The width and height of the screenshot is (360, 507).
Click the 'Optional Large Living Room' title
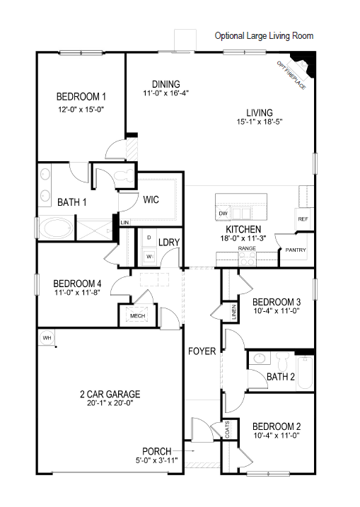pyautogui.click(x=263, y=35)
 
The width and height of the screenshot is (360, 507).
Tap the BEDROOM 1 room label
pyautogui.click(x=81, y=97)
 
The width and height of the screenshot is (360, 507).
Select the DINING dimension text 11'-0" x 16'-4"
pyautogui.click(x=165, y=93)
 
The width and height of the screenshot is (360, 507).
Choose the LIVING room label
pyautogui.click(x=259, y=112)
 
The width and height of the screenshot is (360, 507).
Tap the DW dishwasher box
pyautogui.click(x=223, y=213)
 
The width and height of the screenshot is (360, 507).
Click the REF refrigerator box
pyautogui.click(x=303, y=219)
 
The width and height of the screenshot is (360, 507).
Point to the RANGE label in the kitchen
pyautogui.click(x=246, y=249)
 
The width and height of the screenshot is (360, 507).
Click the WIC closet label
pyautogui.click(x=151, y=199)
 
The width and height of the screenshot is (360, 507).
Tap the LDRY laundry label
pyautogui.click(x=169, y=243)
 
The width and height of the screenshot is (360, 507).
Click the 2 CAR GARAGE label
pyautogui.click(x=110, y=394)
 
